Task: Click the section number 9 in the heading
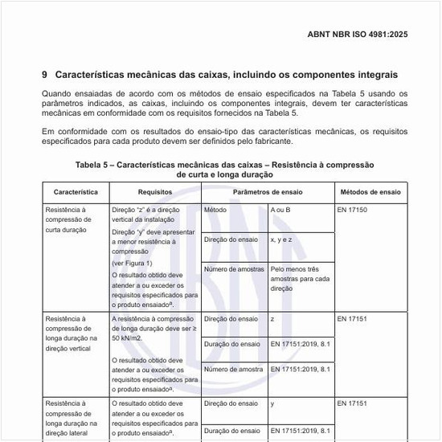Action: (45, 75)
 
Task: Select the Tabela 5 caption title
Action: (224, 170)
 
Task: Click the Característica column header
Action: (76, 193)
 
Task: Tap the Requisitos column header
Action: (154, 193)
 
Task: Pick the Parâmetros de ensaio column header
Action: (268, 193)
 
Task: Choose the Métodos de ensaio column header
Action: (370, 193)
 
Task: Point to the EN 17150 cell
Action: (353, 209)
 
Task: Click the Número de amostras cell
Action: (234, 269)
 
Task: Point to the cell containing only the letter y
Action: (273, 403)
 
